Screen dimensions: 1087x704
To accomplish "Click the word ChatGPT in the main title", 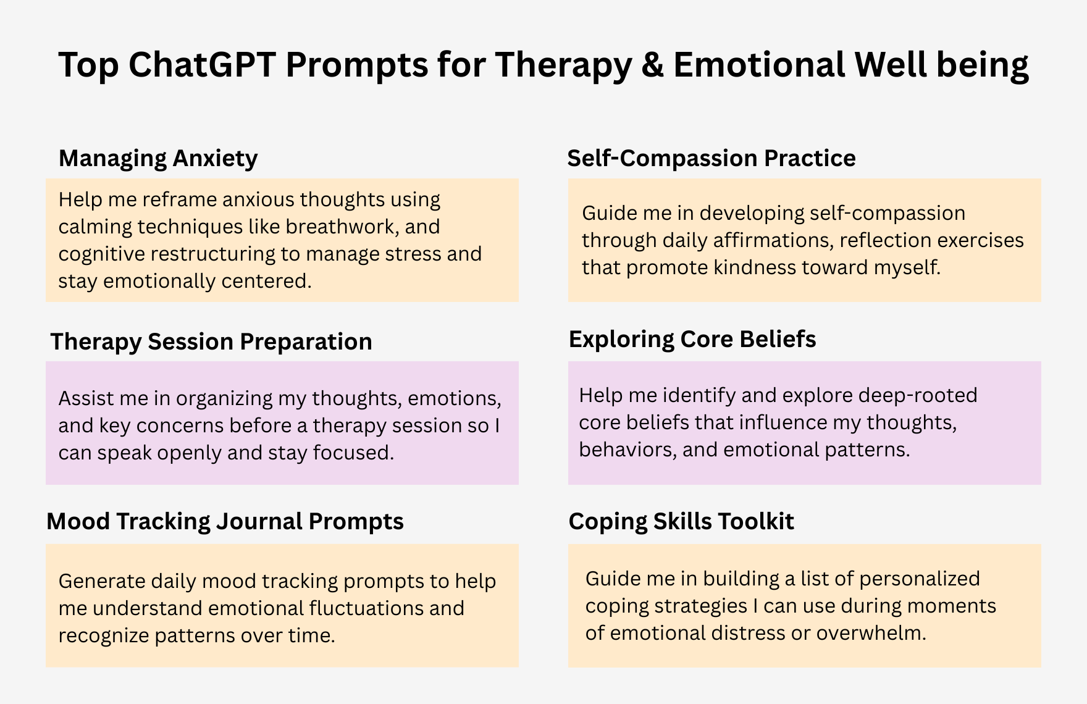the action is (201, 65).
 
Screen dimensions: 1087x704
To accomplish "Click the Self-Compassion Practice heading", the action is (711, 159).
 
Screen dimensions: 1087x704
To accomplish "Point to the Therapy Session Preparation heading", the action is (211, 342).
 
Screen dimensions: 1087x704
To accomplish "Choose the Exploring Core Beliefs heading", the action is (692, 339).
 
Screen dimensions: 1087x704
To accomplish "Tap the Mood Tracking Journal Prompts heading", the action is (225, 522).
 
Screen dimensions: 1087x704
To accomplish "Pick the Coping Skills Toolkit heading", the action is (681, 522).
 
